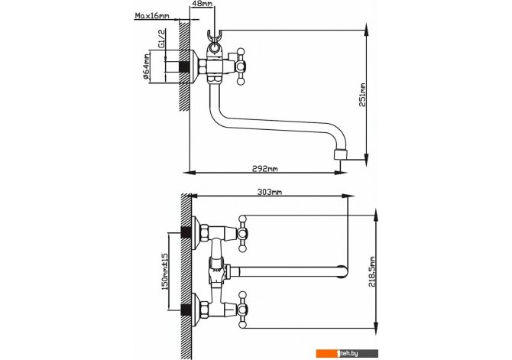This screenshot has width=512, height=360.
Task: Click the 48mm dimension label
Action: pos(202,4)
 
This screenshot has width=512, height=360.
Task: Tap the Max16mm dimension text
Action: pos(153,16)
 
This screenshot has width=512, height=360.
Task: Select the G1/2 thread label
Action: pos(162,38)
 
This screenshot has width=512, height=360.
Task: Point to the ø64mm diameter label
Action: pos(146,67)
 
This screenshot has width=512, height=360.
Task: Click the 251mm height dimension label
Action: pos(363,95)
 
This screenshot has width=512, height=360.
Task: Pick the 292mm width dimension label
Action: pos(265,169)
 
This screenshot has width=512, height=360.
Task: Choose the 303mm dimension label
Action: pos(270,192)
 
